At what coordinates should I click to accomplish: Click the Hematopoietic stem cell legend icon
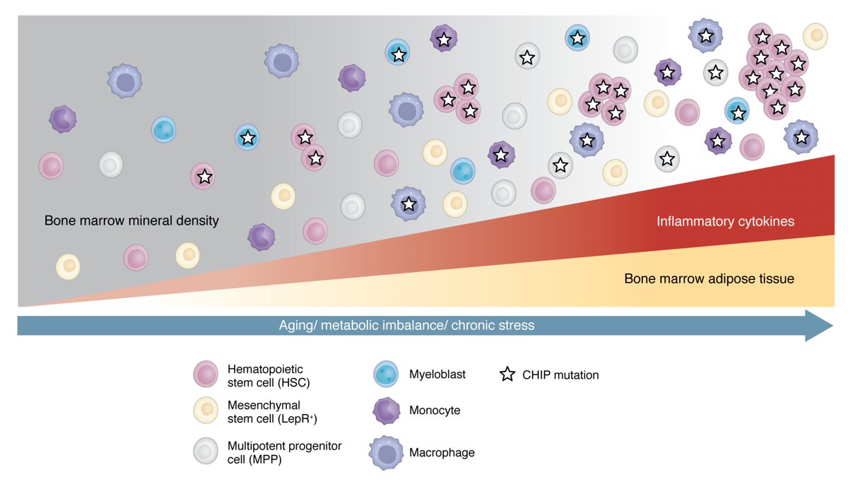pyautogui.click(x=205, y=375)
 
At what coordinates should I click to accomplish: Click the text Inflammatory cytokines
pyautogui.click(x=726, y=222)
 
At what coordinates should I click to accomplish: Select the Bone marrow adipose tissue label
pyautogui.click(x=709, y=278)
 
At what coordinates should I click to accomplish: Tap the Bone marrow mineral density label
pyautogui.click(x=131, y=221)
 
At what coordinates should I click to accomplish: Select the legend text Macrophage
pyautogui.click(x=442, y=452)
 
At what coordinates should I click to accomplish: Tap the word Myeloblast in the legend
pyautogui.click(x=437, y=375)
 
